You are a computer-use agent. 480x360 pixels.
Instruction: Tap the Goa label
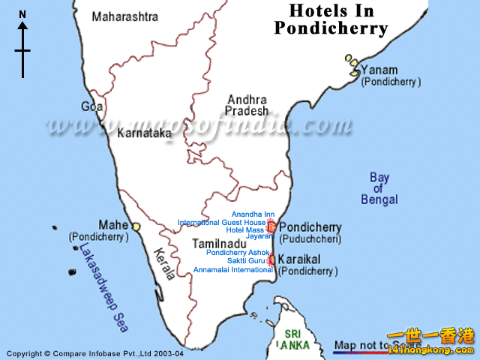coord(92,106)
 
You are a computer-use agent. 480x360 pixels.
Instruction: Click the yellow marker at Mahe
coord(136,226)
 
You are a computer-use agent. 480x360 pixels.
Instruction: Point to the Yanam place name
coord(379,70)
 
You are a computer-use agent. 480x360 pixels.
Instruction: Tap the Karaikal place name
coord(299,258)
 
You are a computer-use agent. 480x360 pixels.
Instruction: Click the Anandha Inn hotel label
coord(253,214)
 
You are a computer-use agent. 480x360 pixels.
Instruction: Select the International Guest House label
coord(221,223)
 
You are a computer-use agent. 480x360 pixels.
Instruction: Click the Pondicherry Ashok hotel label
coord(232,253)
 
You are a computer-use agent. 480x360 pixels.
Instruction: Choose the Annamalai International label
coord(232,269)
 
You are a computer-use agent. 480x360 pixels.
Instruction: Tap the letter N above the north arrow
coord(22,13)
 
